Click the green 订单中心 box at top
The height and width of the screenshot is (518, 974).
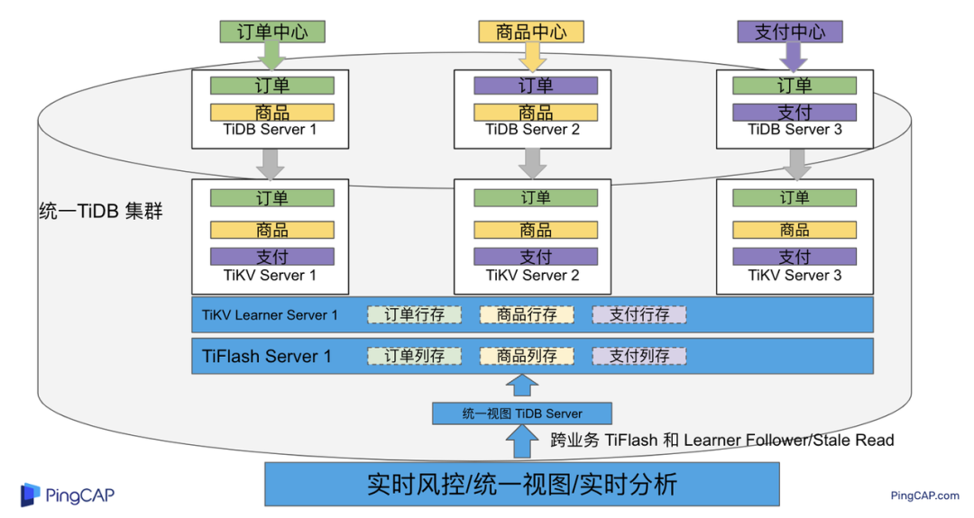click(271, 32)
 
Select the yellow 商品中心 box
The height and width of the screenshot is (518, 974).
click(531, 32)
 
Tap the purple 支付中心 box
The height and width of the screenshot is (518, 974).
click(790, 32)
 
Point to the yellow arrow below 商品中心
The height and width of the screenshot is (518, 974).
click(531, 57)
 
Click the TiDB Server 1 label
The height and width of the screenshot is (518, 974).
click(271, 130)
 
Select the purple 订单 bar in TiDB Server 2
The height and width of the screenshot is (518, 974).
click(536, 86)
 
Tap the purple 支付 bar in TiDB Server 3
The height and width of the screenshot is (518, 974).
click(795, 113)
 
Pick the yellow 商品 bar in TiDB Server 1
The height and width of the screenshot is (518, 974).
click(271, 113)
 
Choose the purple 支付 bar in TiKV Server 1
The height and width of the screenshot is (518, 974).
click(271, 257)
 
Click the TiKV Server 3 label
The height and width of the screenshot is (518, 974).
click(795, 276)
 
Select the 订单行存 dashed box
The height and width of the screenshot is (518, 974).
click(414, 314)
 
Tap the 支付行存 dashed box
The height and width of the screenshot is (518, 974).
click(639, 314)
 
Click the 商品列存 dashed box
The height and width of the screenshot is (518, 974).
click(527, 356)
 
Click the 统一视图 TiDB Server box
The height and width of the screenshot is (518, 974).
click(522, 413)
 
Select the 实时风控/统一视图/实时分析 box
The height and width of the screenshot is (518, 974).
click(521, 485)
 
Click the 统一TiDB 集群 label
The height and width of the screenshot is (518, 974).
click(102, 214)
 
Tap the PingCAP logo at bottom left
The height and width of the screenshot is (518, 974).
click(68, 495)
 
